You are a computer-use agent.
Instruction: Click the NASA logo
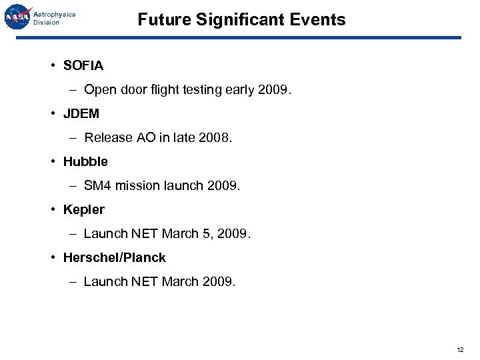click(x=17, y=17)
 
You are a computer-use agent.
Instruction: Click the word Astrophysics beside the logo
click(x=55, y=14)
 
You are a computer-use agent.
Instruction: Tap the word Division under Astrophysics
click(x=47, y=23)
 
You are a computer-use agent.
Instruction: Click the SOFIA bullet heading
click(x=83, y=65)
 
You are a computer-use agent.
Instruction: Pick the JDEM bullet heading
click(x=81, y=113)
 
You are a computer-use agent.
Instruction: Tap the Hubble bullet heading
click(x=85, y=161)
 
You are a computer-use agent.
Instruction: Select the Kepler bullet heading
click(x=84, y=209)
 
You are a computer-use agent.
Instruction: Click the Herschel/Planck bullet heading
click(x=115, y=257)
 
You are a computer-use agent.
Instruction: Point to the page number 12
click(x=460, y=349)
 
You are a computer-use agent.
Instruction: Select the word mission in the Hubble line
click(x=137, y=186)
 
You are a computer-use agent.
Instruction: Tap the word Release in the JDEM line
click(x=108, y=138)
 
